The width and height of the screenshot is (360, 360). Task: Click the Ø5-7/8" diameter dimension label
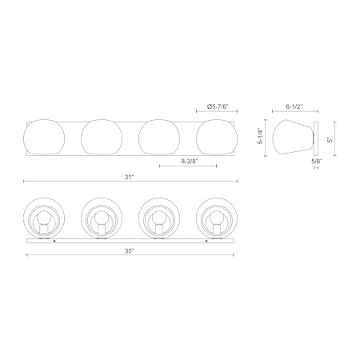click(x=218, y=106)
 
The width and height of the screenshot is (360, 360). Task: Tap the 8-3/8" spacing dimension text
click(x=190, y=161)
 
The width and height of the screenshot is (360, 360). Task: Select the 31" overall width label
click(x=129, y=177)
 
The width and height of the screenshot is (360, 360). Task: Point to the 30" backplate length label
click(x=129, y=251)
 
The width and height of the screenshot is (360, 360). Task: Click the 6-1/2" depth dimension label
click(x=294, y=106)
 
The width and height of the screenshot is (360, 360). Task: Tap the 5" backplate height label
click(x=330, y=140)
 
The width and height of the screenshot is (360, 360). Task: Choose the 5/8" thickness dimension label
click(x=317, y=161)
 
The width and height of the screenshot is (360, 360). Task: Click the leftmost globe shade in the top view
click(x=44, y=137)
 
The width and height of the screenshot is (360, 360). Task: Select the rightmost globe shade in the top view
click(x=217, y=137)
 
